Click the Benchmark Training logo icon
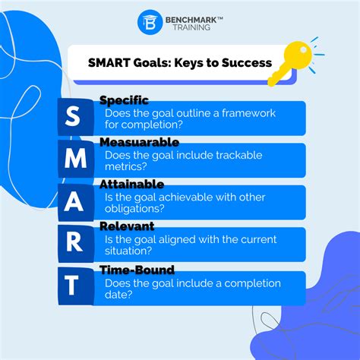[x=149, y=21]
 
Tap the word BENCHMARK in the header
[x=191, y=16]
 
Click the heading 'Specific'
[x=124, y=100]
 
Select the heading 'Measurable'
[x=139, y=142]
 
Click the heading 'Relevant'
[x=127, y=226]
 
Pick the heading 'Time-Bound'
[x=137, y=270]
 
